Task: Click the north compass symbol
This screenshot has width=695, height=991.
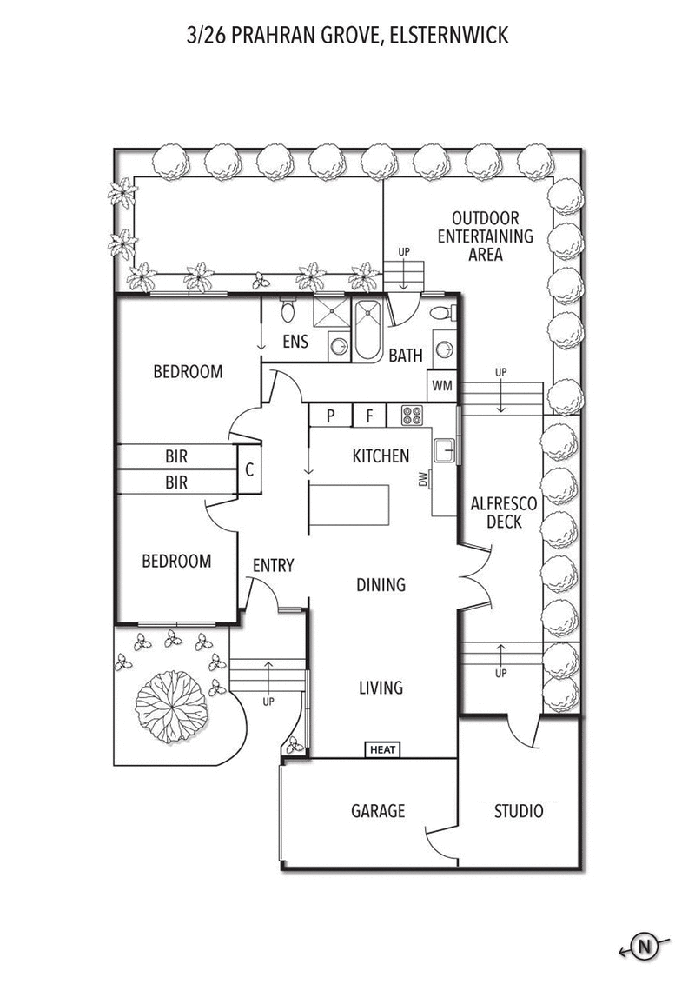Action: point(645,947)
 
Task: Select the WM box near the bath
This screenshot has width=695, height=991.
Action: point(441,385)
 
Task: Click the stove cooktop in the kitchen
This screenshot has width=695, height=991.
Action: point(411,416)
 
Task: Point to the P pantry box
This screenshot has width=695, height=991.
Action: point(331,416)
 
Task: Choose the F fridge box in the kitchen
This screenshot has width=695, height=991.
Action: point(369,416)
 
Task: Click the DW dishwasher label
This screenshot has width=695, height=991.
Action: point(423,480)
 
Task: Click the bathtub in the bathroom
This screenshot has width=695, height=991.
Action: point(367,330)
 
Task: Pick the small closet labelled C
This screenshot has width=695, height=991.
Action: point(249,470)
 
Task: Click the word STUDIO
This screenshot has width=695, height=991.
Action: point(519,812)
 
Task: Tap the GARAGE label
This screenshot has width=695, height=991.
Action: point(378,812)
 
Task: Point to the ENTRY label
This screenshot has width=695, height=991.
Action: point(273,566)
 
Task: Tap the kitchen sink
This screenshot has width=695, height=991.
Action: point(445,449)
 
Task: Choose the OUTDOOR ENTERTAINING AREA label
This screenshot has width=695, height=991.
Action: point(484,236)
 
